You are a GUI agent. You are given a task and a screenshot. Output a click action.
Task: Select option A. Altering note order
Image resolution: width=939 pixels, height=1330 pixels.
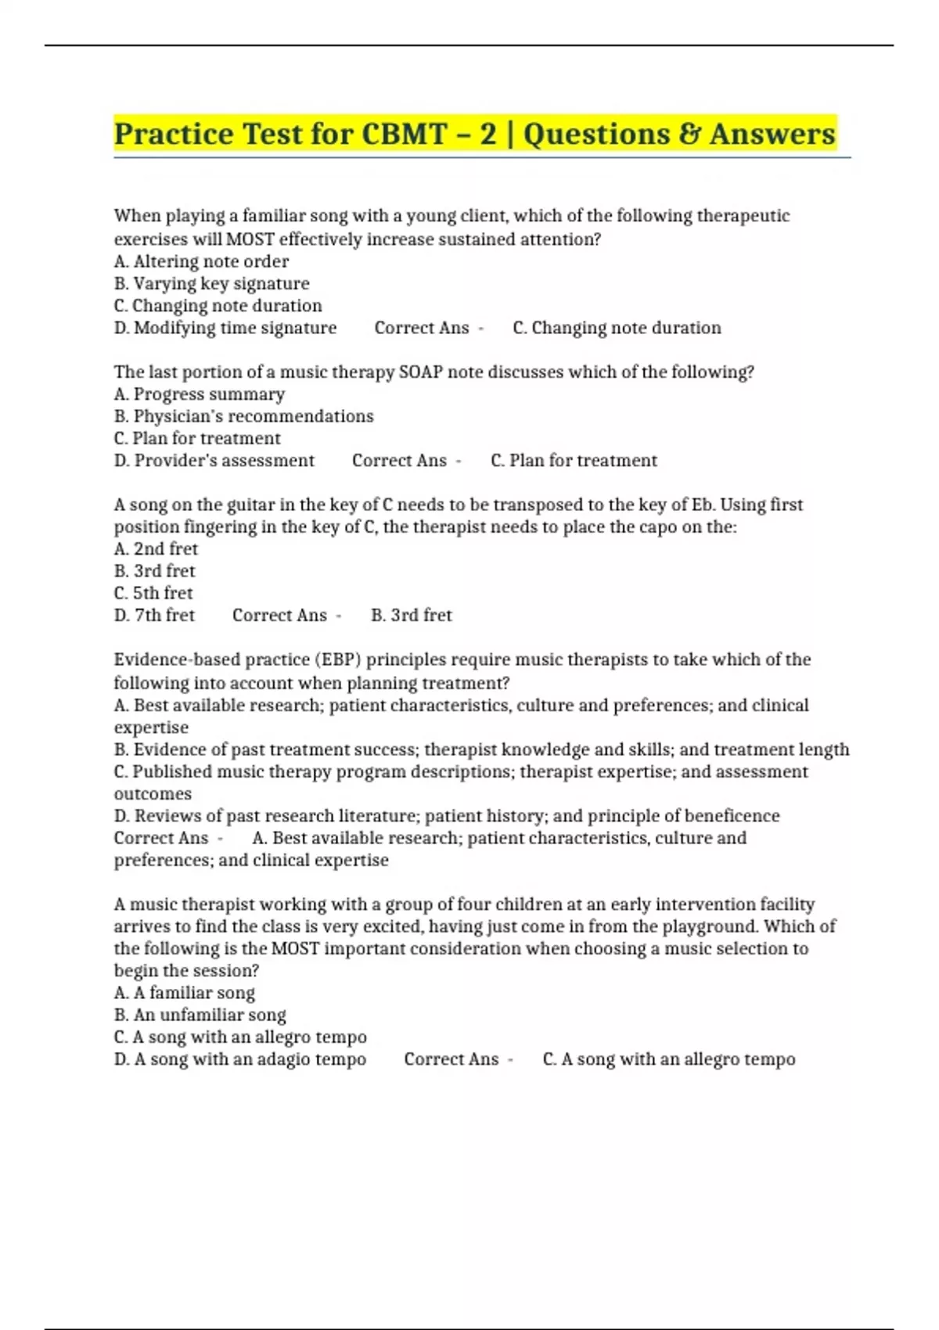pos(201,261)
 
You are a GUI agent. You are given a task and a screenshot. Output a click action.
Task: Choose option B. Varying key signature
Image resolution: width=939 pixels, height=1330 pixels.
pos(211,283)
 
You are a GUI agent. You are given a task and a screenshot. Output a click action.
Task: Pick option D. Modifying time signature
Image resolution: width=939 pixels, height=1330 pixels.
pos(225,328)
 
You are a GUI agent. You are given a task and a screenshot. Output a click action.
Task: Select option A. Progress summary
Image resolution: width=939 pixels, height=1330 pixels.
pos(200,394)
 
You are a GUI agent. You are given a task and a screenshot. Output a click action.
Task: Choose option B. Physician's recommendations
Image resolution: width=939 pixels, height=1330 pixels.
pos(243,416)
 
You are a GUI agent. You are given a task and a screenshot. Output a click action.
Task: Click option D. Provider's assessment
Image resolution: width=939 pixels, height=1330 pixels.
pos(214,461)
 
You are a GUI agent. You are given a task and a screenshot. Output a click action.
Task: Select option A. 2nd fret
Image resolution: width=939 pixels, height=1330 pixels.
pos(156,549)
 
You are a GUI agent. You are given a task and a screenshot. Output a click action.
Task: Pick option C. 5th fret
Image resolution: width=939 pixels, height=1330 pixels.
pos(153,593)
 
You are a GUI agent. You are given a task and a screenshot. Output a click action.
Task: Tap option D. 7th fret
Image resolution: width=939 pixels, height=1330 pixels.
pos(154,616)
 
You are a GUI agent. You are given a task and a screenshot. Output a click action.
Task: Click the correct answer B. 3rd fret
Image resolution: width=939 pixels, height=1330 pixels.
pos(412,616)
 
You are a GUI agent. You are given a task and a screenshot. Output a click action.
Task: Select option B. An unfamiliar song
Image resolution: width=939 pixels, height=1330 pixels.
pos(200,1015)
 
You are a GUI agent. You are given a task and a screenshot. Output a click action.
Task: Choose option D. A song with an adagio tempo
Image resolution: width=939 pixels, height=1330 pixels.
pos(240,1059)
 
